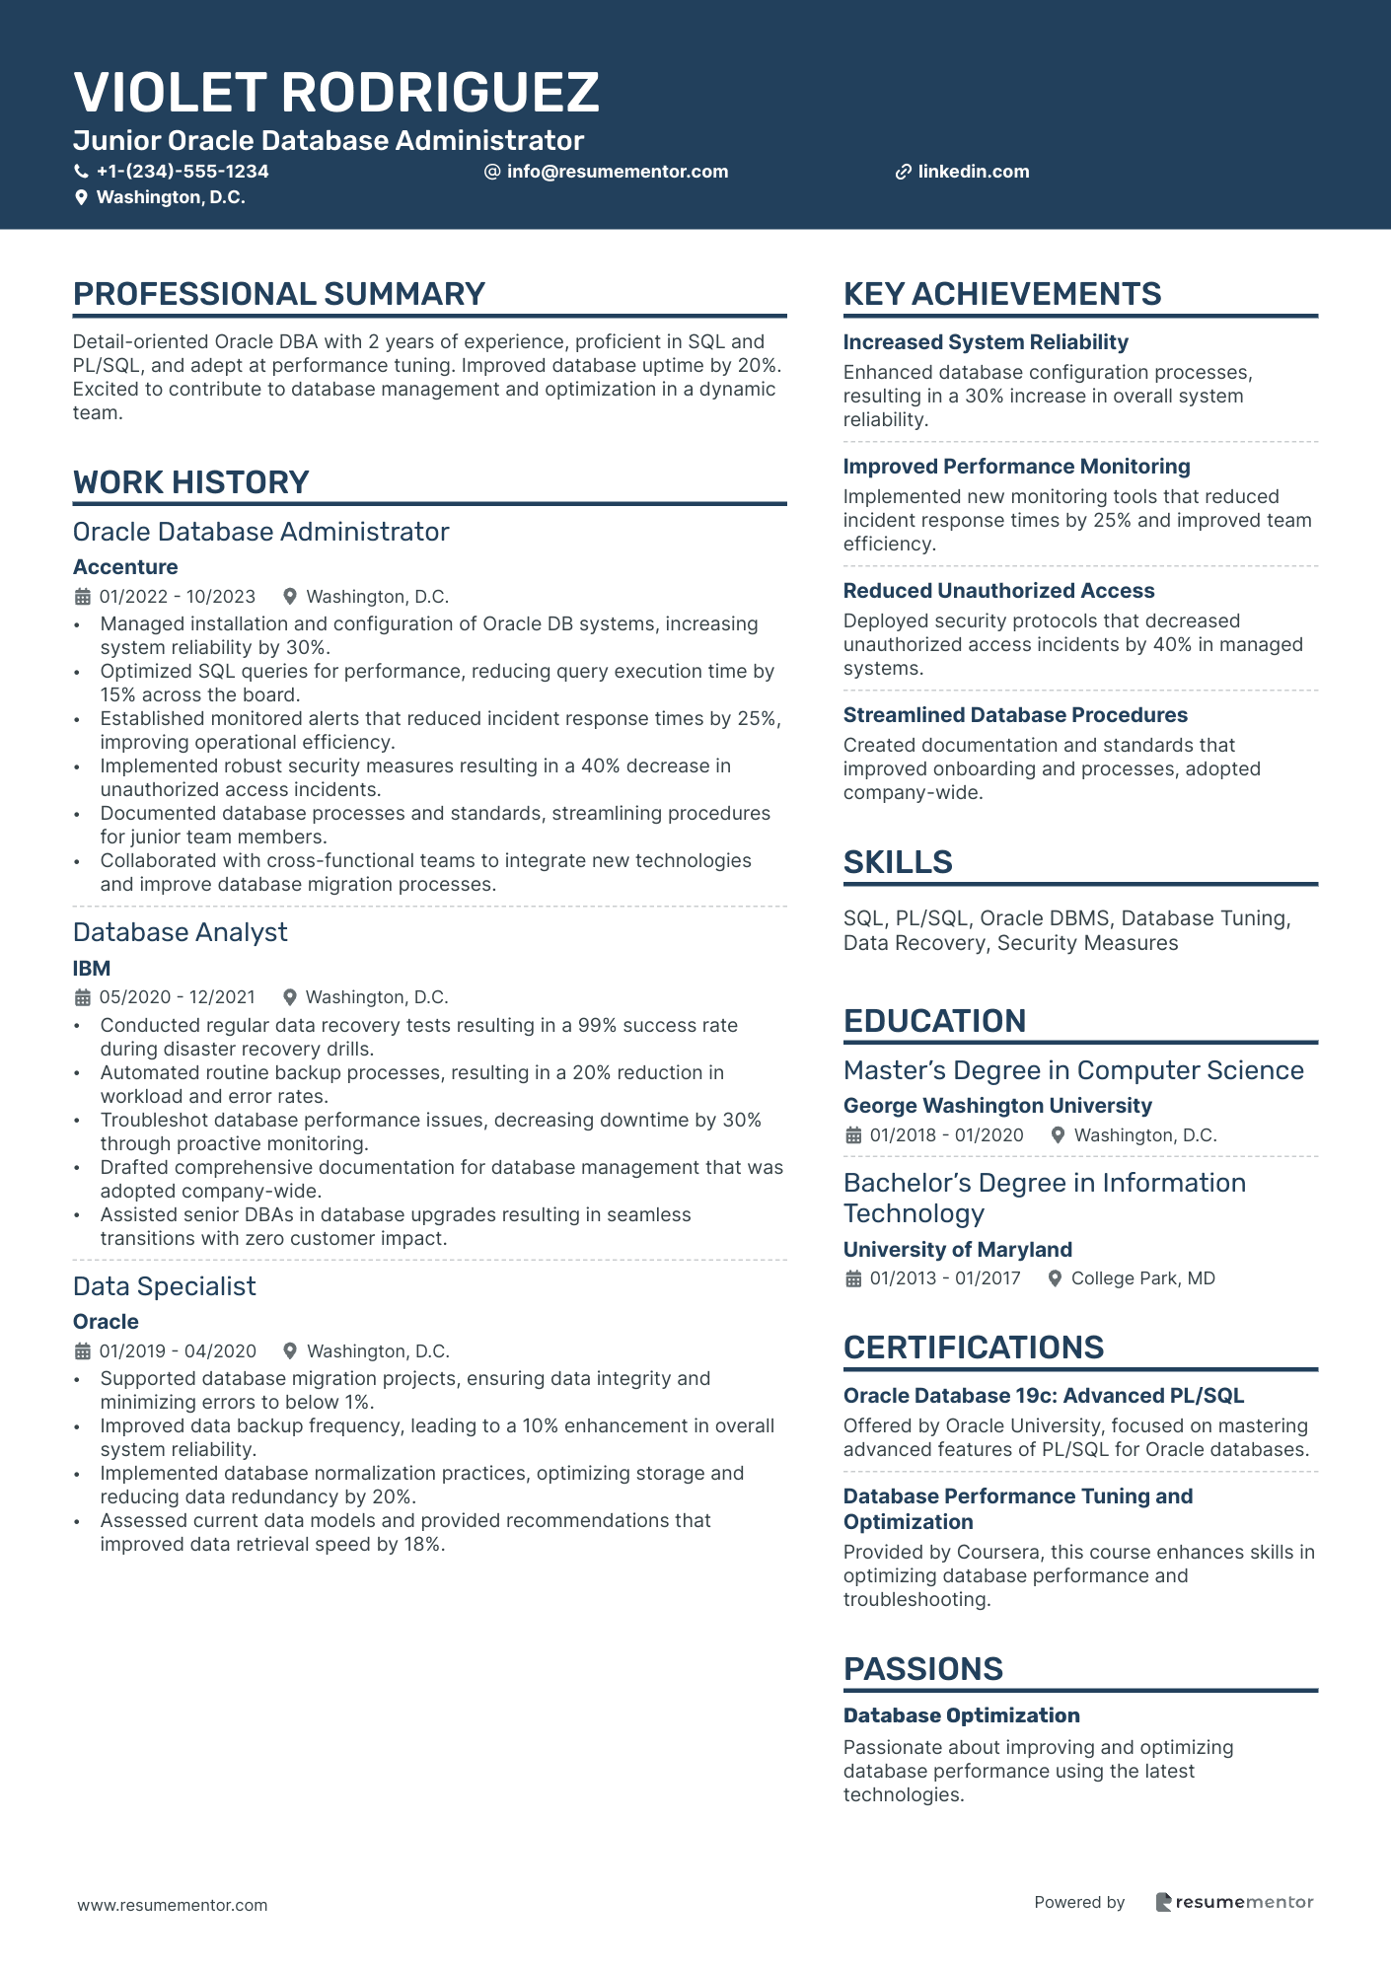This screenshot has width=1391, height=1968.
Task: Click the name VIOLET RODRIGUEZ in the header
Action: (335, 93)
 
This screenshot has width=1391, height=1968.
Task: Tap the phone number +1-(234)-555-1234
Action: (183, 172)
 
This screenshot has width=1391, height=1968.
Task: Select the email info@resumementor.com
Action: (617, 172)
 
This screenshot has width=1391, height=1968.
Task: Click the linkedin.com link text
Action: (973, 172)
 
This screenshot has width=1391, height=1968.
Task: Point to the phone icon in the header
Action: (82, 172)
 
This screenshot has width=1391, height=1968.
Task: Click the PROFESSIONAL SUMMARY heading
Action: (279, 294)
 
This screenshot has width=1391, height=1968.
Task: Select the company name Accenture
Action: (125, 567)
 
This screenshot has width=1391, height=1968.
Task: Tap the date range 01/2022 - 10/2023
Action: (177, 597)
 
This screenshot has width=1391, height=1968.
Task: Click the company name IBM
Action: (92, 969)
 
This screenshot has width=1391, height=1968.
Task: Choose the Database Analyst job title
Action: (181, 932)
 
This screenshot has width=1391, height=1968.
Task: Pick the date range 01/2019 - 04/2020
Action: (178, 1351)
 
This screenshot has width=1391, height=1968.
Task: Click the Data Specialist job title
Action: (165, 1286)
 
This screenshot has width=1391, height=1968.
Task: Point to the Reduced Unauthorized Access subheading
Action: (998, 591)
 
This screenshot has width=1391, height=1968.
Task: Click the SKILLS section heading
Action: (898, 862)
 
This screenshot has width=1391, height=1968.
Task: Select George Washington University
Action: (997, 1106)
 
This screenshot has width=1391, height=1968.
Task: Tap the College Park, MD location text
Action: (1142, 1278)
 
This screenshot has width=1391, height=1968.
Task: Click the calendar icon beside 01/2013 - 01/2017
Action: (853, 1278)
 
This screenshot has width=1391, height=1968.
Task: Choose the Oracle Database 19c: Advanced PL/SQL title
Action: (1043, 1396)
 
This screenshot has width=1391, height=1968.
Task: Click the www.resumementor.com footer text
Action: (173, 1905)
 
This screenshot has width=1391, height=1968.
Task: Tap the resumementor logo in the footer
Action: (1234, 1902)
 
